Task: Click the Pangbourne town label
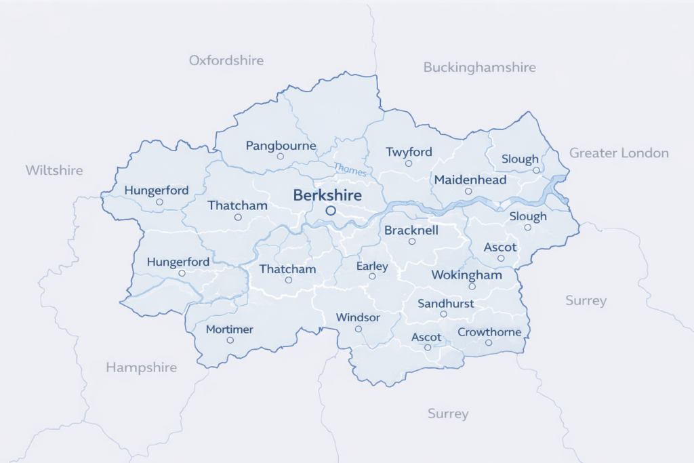coord(281,146)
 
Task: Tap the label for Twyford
coord(408,152)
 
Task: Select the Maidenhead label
coord(470,180)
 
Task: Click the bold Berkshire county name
coord(327,195)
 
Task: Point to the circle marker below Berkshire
coord(331,211)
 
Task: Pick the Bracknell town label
coord(411,230)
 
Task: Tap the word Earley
coord(372,266)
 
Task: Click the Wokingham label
coord(468,275)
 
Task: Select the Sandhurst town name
coord(445,304)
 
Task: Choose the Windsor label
coord(358,317)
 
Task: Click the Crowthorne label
coord(489,332)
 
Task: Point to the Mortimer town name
coord(229,329)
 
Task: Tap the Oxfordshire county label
coord(226,60)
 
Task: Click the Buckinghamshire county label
coord(479,67)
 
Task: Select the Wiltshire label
coord(54,169)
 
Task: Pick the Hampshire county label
coord(141,367)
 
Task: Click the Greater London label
coord(619,153)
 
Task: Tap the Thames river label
coord(350,170)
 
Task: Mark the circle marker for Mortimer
coord(230,340)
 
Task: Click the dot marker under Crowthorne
coord(489,342)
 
